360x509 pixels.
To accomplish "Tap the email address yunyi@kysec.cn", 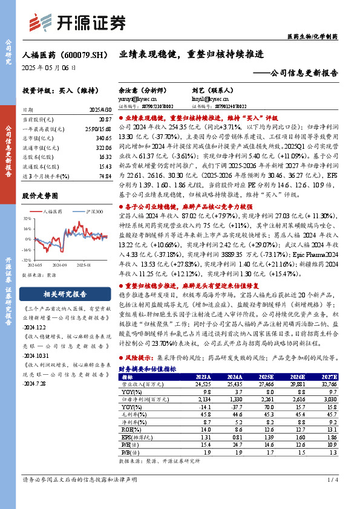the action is (x=134, y=97).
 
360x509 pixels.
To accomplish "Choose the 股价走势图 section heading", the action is (x=41, y=196).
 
